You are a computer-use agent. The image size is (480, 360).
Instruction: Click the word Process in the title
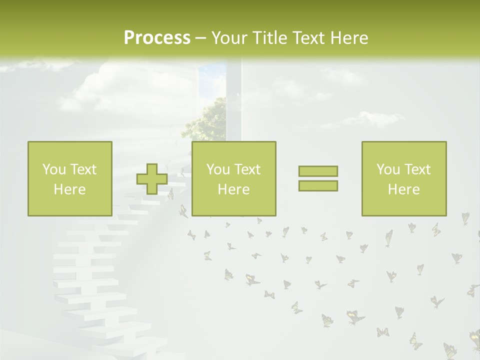click(157, 38)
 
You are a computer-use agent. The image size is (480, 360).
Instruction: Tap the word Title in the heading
click(269, 38)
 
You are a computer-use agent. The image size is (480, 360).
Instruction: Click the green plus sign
click(152, 179)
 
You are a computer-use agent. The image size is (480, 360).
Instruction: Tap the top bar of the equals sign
click(318, 171)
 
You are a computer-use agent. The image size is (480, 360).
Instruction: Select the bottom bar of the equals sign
click(318, 185)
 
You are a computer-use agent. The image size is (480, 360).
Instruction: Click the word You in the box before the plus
click(54, 169)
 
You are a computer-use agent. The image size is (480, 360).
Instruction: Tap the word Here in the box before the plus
click(69, 189)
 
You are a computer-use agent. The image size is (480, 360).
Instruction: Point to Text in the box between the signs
click(247, 169)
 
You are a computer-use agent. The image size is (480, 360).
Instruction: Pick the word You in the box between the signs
click(218, 169)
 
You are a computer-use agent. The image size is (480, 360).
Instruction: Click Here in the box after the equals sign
click(403, 189)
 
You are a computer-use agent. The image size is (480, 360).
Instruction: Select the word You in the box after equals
click(388, 169)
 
